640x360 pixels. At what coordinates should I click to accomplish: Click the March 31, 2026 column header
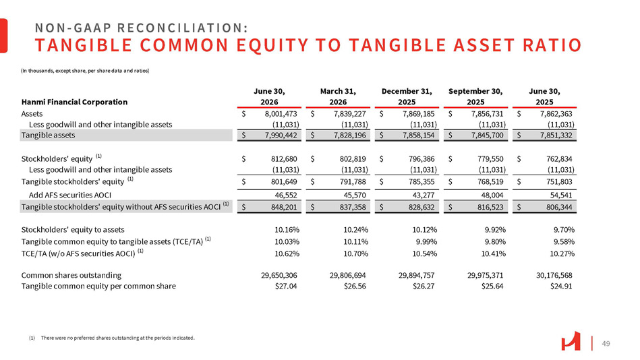tap(338, 96)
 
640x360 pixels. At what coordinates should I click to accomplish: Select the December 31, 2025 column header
tap(407, 96)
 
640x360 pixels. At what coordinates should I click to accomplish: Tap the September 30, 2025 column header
tap(475, 96)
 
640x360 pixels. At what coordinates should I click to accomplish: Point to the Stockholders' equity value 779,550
tap(490, 159)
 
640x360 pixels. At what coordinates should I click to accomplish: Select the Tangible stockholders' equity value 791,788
tap(352, 181)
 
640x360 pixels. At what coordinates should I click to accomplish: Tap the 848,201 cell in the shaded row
tap(283, 207)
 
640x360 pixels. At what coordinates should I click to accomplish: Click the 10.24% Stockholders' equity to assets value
tap(355, 230)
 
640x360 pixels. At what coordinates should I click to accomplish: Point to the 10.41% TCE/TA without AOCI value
tap(493, 253)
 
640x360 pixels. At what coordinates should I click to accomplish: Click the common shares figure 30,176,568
tap(554, 276)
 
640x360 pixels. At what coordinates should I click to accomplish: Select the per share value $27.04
tap(286, 286)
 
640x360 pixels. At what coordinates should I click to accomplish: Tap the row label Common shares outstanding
tap(71, 276)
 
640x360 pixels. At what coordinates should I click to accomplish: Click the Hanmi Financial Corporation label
tap(74, 102)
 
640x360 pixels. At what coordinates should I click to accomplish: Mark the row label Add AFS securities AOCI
tap(69, 195)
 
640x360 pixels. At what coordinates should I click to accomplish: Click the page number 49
tap(606, 344)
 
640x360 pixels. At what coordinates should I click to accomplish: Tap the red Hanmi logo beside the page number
tap(571, 341)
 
